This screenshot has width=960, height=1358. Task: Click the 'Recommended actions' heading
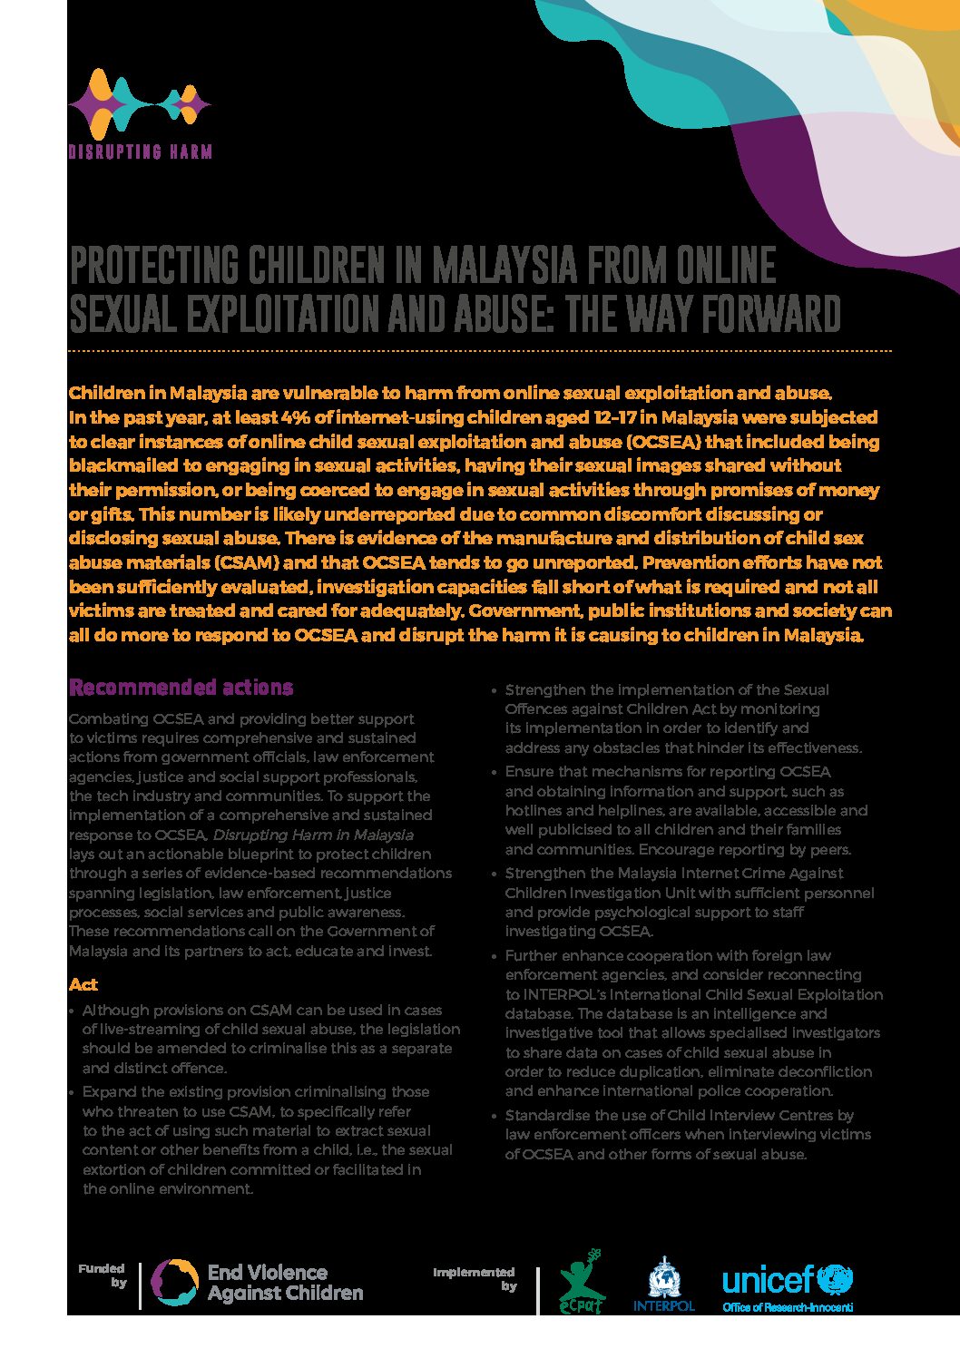click(181, 687)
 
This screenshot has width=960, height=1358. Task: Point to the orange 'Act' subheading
click(83, 984)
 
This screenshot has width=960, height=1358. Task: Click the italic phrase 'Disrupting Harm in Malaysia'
click(313, 835)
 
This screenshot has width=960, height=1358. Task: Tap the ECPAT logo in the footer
click(581, 1282)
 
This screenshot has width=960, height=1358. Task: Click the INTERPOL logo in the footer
click(663, 1284)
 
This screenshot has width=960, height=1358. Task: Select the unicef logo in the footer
click(787, 1280)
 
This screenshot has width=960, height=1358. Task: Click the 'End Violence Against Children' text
click(285, 1283)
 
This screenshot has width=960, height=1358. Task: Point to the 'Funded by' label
click(103, 1275)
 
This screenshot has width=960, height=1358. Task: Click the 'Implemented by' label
click(475, 1278)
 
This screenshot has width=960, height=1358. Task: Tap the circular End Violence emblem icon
click(174, 1283)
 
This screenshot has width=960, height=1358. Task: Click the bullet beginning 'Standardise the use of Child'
click(681, 1116)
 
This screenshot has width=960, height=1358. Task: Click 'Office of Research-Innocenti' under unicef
click(787, 1307)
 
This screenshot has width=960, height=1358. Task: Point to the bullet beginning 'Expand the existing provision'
click(256, 1092)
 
